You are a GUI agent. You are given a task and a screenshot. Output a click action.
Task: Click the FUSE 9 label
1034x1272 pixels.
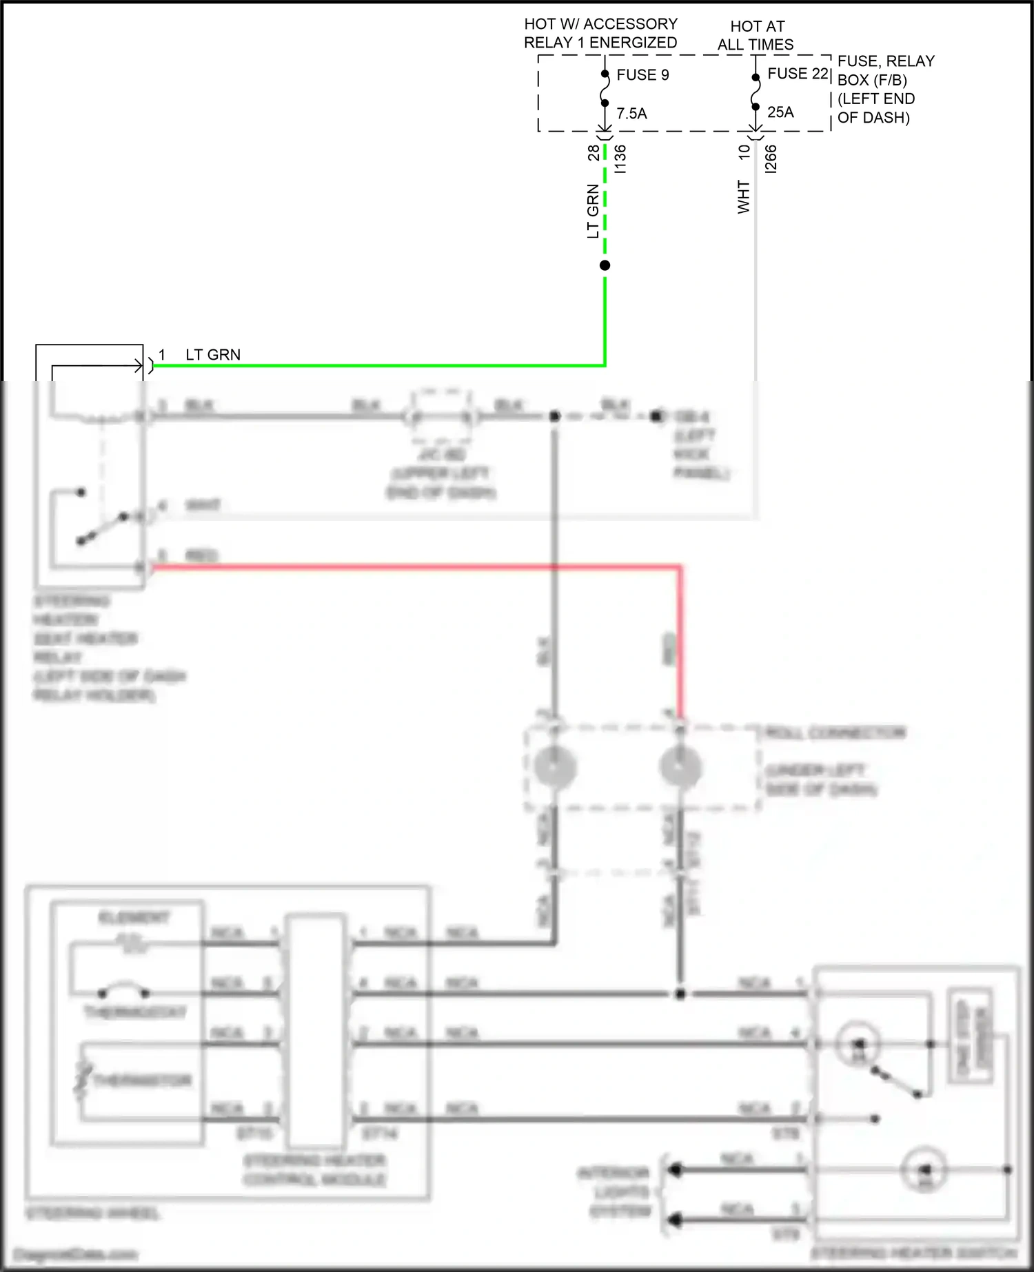click(642, 75)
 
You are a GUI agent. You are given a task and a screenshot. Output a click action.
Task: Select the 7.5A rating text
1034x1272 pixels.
click(631, 114)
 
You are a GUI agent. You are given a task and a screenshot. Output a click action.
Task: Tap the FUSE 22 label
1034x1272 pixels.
click(798, 74)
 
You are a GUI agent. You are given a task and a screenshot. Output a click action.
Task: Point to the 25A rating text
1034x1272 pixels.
click(780, 112)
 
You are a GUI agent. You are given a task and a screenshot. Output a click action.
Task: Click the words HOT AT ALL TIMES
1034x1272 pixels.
click(756, 36)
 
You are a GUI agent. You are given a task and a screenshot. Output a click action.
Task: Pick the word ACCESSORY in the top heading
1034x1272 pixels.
click(630, 24)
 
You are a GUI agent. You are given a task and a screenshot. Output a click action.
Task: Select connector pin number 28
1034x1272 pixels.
click(594, 153)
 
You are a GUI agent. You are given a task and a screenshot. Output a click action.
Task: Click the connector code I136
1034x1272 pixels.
click(620, 158)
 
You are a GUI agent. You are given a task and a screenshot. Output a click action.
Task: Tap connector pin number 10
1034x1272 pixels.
click(744, 152)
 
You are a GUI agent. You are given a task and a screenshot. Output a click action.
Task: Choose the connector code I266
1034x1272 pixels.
click(771, 158)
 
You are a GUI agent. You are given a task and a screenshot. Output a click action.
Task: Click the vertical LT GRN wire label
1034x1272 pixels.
click(593, 211)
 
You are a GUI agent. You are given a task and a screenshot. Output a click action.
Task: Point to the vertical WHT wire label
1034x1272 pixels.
click(743, 197)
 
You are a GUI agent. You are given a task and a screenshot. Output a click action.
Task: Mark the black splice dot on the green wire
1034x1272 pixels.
click(605, 265)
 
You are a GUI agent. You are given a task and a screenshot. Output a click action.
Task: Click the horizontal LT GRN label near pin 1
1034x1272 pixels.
click(213, 355)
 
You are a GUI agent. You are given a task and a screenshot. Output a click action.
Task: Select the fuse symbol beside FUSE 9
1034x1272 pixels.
click(605, 88)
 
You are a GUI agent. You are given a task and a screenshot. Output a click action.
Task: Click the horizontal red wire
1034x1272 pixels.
click(414, 567)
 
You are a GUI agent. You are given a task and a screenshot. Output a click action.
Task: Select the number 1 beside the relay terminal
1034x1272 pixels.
click(162, 355)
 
